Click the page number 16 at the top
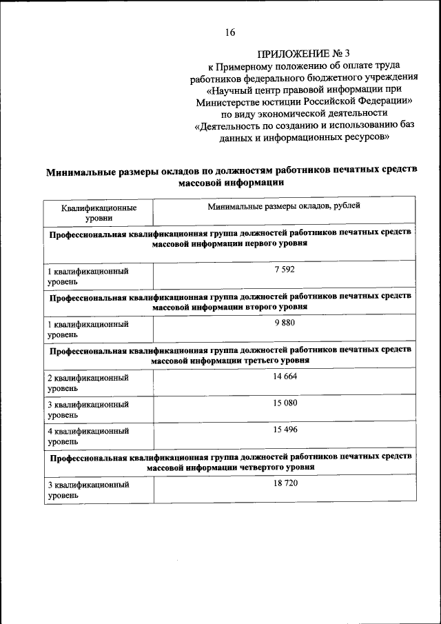230,32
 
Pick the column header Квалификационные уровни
98,212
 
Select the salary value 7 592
284,270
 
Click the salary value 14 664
284,376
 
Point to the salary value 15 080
284,402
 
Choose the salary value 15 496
284,429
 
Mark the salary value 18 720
284,483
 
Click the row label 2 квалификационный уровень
88,383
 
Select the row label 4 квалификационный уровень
88,436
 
